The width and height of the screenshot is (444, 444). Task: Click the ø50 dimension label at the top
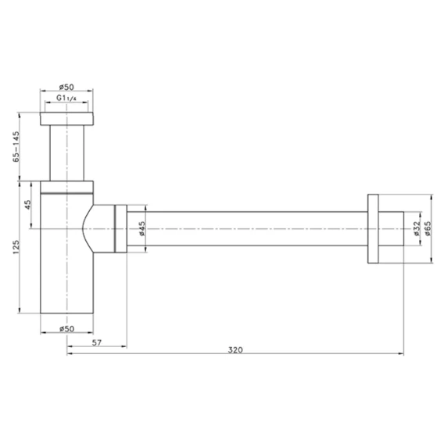[x=66, y=87]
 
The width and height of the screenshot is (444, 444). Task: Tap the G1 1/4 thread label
[x=66, y=98]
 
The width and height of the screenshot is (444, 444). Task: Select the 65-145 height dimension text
[x=16, y=146]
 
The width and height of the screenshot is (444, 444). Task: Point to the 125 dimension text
[x=16, y=247]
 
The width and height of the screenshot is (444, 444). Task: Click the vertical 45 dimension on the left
[x=28, y=205]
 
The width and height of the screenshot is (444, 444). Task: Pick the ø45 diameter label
[x=141, y=228]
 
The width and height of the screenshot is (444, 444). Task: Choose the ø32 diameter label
[x=416, y=228]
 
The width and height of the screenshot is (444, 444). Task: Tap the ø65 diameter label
[x=428, y=228]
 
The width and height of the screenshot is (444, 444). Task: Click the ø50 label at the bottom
[x=66, y=328]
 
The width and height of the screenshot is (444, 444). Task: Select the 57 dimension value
[x=97, y=342]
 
